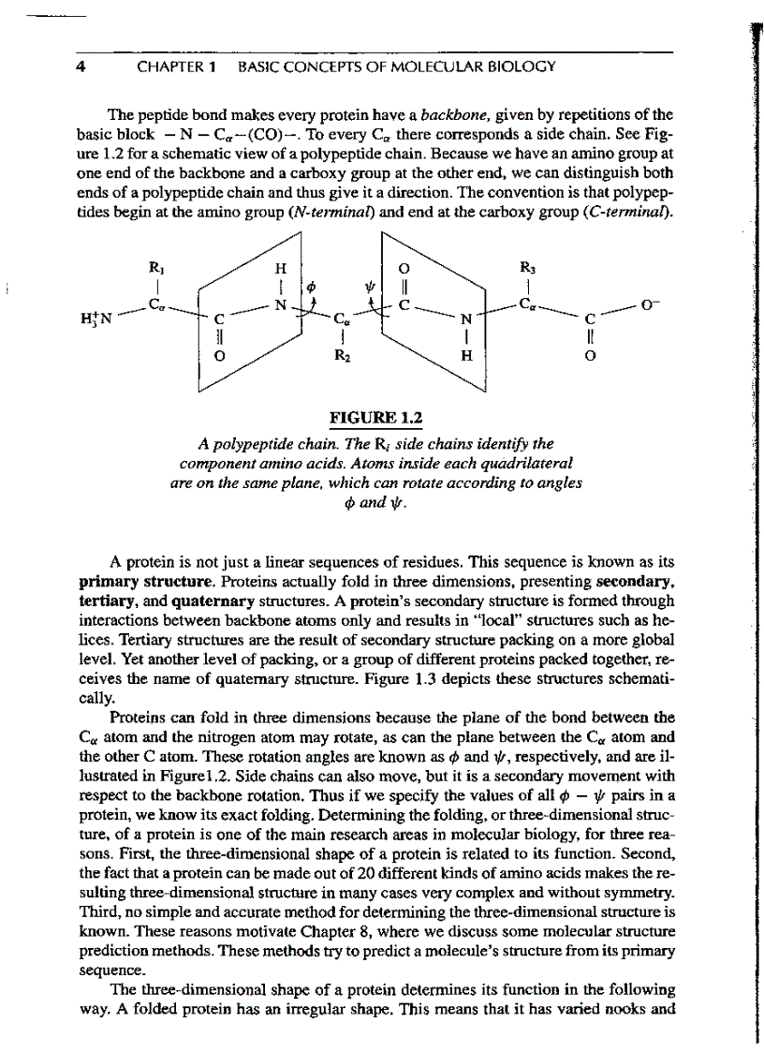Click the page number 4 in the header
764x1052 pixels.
point(82,67)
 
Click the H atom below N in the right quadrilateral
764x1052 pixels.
point(464,356)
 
